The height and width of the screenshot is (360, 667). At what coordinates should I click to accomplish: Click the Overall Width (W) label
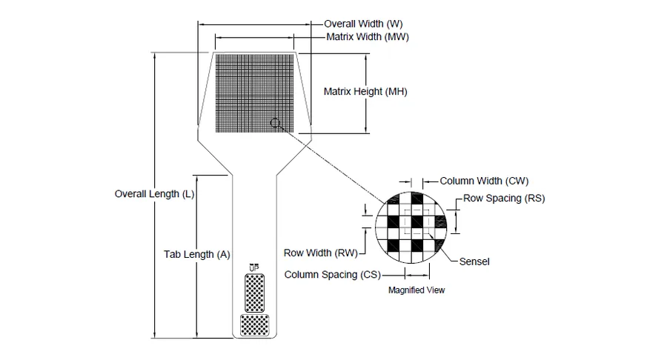[x=363, y=24]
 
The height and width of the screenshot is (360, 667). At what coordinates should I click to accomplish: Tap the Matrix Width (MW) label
[x=368, y=37]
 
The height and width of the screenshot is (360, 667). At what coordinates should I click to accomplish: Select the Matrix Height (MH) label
[x=365, y=91]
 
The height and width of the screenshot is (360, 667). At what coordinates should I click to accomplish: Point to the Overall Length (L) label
[x=154, y=194]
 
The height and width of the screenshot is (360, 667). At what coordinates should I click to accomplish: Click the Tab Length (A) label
[x=197, y=254]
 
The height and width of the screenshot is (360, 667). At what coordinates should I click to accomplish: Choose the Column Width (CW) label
[x=484, y=181]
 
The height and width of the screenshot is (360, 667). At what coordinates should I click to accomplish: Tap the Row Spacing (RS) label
[x=504, y=198]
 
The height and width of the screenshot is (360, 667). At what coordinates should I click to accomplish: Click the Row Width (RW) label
[x=321, y=253]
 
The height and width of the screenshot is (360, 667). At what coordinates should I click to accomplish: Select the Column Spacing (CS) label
[x=333, y=275]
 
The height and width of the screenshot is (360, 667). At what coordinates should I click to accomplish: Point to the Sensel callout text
[x=474, y=261]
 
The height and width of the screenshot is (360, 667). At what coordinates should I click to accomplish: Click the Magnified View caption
[x=417, y=290]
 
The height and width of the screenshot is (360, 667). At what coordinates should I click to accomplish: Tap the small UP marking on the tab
[x=254, y=267]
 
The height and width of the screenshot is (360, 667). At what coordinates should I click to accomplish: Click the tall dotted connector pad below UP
[x=254, y=293]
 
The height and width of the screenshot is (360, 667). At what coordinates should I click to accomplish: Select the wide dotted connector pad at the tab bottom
[x=254, y=325]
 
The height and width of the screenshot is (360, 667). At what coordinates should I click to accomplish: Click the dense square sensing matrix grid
[x=254, y=93]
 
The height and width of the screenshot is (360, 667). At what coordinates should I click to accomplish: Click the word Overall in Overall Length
[x=130, y=194]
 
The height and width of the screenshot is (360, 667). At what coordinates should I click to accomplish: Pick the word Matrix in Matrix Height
[x=338, y=91]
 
